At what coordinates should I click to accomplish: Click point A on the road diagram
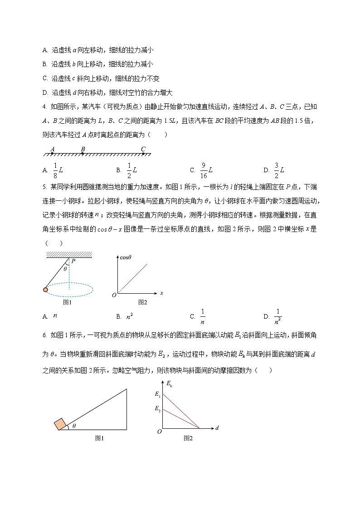point(53,150)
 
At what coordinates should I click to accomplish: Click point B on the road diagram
point(83,150)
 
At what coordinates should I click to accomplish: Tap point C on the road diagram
point(143,150)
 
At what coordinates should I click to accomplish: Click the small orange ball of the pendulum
point(46,290)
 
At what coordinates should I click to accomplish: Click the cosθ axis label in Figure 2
point(125,257)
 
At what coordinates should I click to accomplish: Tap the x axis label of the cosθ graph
point(161,293)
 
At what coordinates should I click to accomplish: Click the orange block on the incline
point(60,425)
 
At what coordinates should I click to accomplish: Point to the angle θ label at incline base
point(74,426)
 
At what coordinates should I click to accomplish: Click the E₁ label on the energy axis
point(157,395)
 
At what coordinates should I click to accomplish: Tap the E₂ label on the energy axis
point(157,409)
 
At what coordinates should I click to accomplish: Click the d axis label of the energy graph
point(218,427)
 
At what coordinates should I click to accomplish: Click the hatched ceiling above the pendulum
point(69,255)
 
